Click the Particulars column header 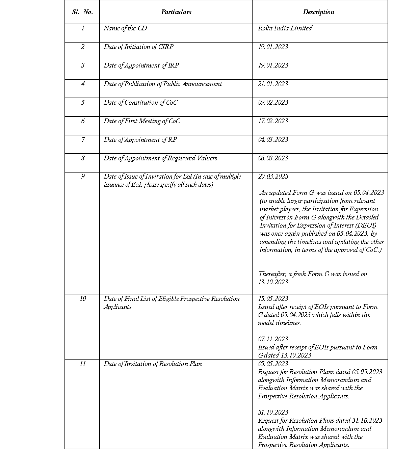176,12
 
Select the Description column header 318,12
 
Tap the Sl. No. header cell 82,12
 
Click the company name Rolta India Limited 285,28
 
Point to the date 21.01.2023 273,84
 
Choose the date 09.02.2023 273,103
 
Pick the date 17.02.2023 273,121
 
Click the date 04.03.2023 273,140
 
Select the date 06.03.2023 273,158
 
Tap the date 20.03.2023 273,177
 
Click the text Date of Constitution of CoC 140,103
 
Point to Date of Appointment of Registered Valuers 160,158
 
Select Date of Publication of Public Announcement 163,84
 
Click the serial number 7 83,140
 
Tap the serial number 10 83,299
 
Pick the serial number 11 83,364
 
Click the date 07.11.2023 273,339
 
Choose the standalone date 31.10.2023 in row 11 273,413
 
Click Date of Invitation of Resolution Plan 153,364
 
